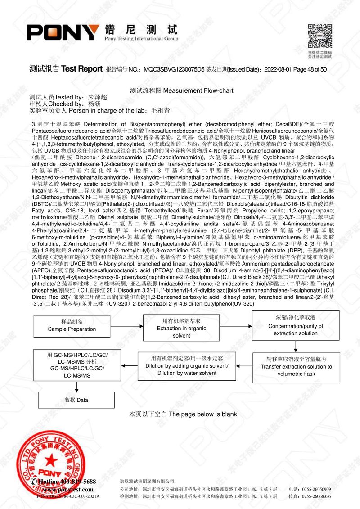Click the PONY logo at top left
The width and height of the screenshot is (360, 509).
[63, 32]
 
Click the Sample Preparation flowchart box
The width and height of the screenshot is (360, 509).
[72, 326]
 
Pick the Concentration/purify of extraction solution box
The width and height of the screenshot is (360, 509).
[296, 326]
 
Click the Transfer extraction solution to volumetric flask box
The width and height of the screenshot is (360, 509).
[296, 366]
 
